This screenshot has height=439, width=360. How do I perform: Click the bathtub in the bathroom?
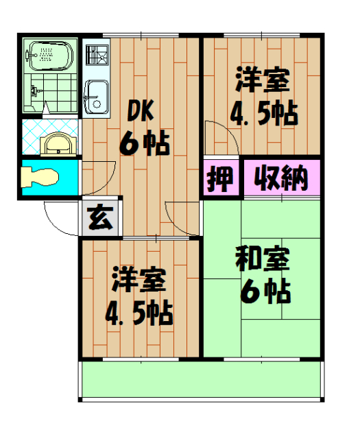pyautogui.click(x=47, y=55)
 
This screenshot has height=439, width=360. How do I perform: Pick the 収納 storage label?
pyautogui.click(x=280, y=179)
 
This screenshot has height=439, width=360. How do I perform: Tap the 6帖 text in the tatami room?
pyautogui.click(x=265, y=292)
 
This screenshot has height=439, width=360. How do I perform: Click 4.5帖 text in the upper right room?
pyautogui.click(x=263, y=113)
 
